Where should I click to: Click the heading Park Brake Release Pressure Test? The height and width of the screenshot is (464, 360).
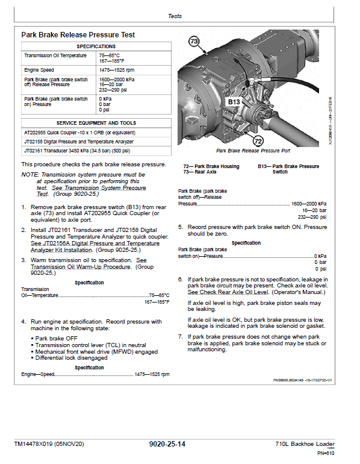(78, 35)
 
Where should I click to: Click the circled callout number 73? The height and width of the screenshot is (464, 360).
(194, 41)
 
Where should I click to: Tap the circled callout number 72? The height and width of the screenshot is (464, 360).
(258, 141)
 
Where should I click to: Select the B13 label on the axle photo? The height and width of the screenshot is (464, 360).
(234, 102)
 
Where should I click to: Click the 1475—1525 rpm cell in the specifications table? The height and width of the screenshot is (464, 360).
(116, 70)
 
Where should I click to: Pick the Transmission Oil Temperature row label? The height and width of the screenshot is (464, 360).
(55, 55)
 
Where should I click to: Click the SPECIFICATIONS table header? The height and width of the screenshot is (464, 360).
(96, 46)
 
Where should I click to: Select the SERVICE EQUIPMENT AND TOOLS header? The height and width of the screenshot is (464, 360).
(96, 123)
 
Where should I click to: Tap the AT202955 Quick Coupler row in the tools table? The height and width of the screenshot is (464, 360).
(80, 133)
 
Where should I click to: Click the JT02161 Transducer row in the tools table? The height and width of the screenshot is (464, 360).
(77, 151)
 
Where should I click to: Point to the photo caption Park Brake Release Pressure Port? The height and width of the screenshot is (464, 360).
(253, 151)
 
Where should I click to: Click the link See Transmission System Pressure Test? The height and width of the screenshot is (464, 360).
(92, 191)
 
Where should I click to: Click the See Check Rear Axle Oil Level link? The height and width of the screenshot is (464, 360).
(228, 292)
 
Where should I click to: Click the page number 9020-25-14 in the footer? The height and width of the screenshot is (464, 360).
(167, 444)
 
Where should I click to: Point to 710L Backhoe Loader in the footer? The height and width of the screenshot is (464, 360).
(305, 444)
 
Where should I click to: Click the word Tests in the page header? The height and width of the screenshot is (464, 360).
(175, 16)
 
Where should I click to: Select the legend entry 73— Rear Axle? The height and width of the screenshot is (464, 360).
(200, 172)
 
